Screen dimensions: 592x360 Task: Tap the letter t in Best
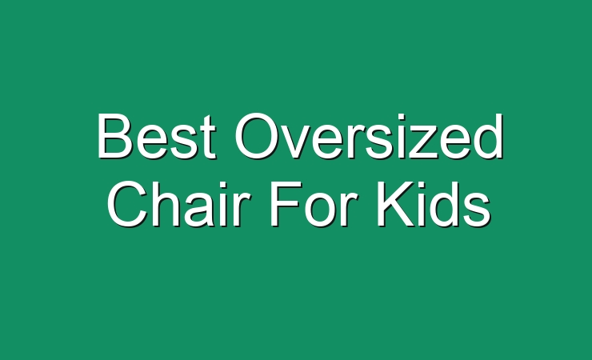pyautogui.click(x=208, y=138)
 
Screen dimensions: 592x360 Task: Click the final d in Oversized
pyautogui.click(x=489, y=136)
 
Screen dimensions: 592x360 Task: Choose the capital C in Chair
pyautogui.click(x=128, y=204)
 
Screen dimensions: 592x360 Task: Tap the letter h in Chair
pyautogui.click(x=167, y=204)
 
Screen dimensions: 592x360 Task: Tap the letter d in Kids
pyautogui.click(x=444, y=204)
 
